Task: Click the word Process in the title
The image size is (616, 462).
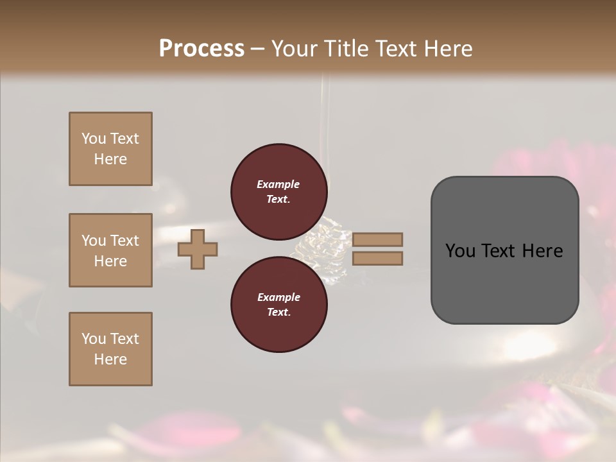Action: click(x=201, y=48)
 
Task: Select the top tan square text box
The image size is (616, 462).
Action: click(x=110, y=149)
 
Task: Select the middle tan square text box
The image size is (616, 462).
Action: click(x=110, y=250)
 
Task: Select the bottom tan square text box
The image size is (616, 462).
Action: click(x=110, y=349)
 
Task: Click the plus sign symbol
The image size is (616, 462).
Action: click(x=198, y=249)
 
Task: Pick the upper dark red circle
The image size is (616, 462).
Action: click(x=278, y=192)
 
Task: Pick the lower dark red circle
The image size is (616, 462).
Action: click(x=278, y=305)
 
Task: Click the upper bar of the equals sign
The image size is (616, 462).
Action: click(x=378, y=239)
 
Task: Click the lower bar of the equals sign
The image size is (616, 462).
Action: click(x=378, y=258)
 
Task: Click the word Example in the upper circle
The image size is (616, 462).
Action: click(x=278, y=184)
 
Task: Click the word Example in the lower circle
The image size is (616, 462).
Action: click(x=278, y=297)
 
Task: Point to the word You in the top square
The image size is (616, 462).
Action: click(x=93, y=139)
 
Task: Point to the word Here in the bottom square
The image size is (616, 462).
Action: click(x=110, y=359)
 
